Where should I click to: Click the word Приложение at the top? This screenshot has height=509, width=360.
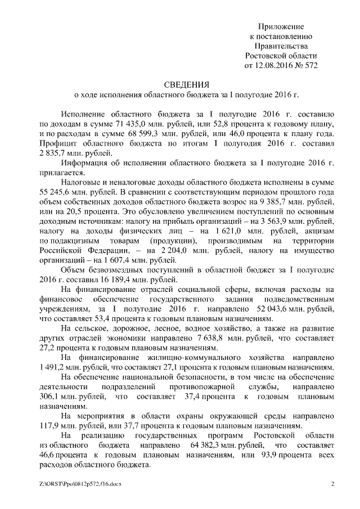[x=281, y=26]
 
